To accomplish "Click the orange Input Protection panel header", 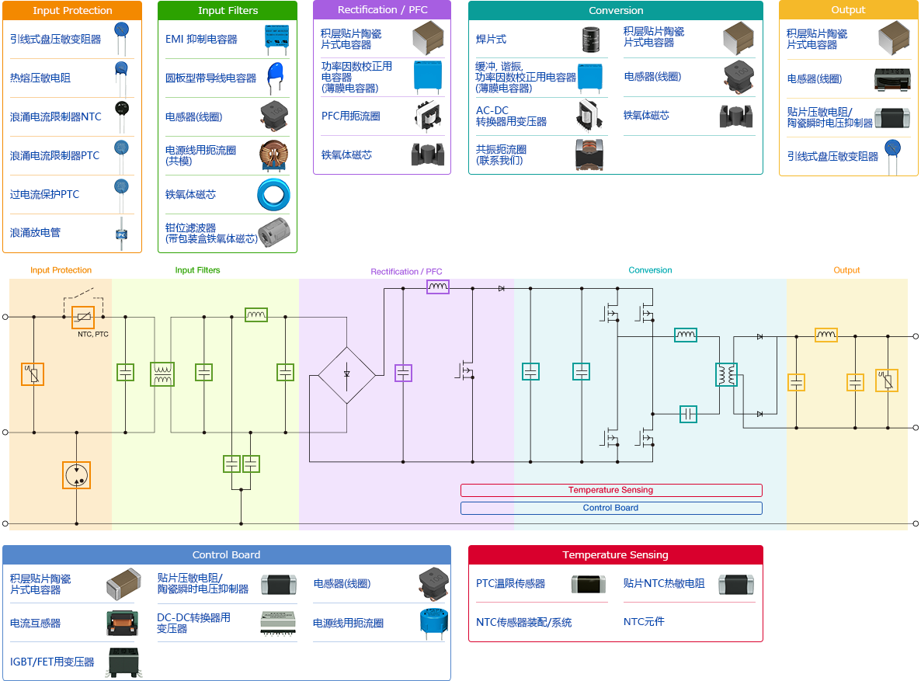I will (x=72, y=11).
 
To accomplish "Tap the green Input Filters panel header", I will (x=228, y=11).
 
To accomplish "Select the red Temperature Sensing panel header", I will (x=615, y=555).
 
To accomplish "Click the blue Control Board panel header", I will (x=226, y=555).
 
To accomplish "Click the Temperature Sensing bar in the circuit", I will (x=610, y=490).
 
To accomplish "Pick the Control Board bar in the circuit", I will (x=610, y=508).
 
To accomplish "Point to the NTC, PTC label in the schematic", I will (x=93, y=334).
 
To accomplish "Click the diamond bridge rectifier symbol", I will (x=346, y=374).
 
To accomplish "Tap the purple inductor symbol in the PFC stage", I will (x=438, y=287).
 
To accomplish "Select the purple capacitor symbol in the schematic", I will (x=403, y=373).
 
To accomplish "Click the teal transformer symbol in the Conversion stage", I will (x=726, y=374).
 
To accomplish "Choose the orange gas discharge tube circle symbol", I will (x=76, y=475).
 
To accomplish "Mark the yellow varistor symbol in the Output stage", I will (x=886, y=380).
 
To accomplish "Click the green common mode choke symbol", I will (x=162, y=374).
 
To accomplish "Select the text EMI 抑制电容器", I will (x=201, y=40).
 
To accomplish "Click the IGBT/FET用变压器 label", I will (x=52, y=662).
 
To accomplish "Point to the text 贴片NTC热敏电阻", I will (x=664, y=583).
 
